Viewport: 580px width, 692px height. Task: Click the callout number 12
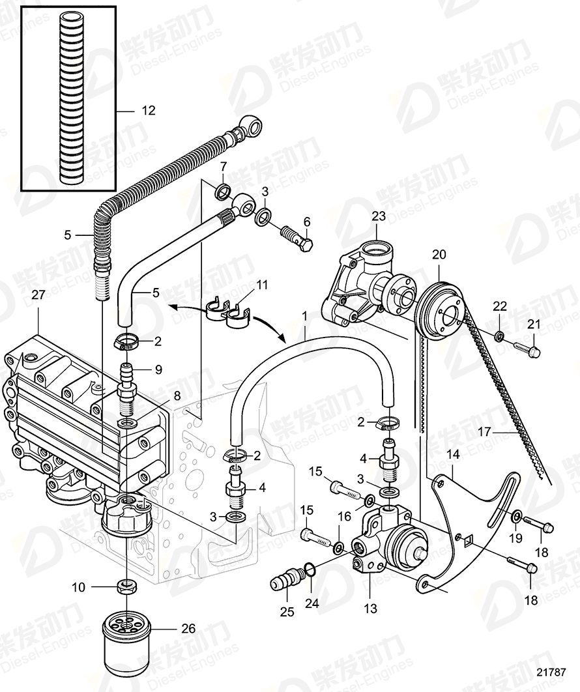pyautogui.click(x=149, y=111)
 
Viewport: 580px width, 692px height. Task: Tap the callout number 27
pyautogui.click(x=38, y=295)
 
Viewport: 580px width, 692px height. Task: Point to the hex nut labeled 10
pyautogui.click(x=125, y=586)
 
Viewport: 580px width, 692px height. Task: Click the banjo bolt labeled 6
pyautogui.click(x=297, y=238)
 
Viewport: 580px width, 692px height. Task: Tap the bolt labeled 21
pyautogui.click(x=525, y=351)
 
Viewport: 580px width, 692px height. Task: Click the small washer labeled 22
pyautogui.click(x=499, y=336)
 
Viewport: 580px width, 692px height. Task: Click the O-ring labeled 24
pyautogui.click(x=312, y=571)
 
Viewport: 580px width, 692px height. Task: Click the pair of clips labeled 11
pyautogui.click(x=227, y=310)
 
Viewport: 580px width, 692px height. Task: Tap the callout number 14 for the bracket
pyautogui.click(x=452, y=454)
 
